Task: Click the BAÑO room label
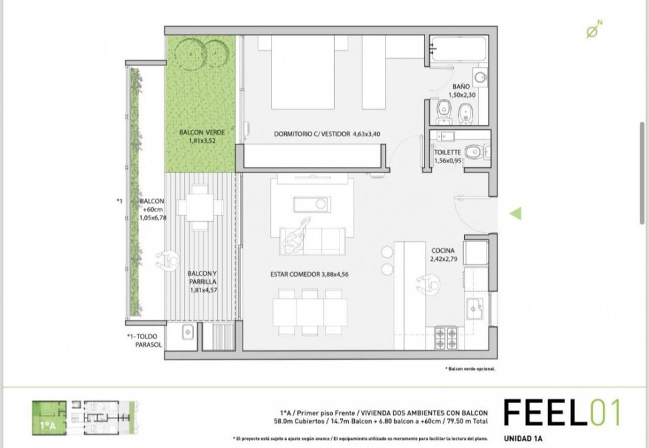461,86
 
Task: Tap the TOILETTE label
447,152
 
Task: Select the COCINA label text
443,251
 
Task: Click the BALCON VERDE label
202,132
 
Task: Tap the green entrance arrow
516,214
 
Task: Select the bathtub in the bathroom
459,49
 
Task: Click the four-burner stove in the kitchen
446,338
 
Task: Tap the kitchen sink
475,308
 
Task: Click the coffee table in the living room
312,204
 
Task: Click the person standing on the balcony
168,261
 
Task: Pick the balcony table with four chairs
201,207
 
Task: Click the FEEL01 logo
562,413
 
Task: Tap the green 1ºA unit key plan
49,418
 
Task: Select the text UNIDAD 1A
523,439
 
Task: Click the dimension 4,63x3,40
366,134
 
